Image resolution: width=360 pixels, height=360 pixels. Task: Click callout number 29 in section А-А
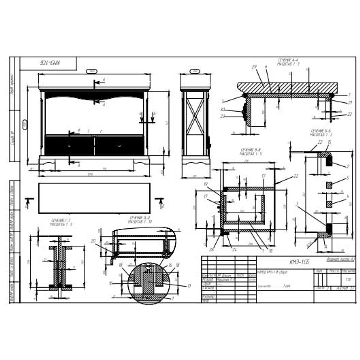(x=254, y=67)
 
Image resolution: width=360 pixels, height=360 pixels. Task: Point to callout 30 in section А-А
(x=222, y=109)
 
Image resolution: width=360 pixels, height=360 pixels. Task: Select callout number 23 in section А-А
(x=222, y=116)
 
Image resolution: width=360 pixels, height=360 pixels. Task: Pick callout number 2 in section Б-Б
(x=348, y=166)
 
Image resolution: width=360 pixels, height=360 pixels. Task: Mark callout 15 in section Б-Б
(x=329, y=142)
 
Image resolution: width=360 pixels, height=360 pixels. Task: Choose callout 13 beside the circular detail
(x=189, y=286)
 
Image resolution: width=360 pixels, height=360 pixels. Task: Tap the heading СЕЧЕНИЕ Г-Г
(x=61, y=222)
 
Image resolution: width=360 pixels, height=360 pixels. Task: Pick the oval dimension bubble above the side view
(x=195, y=71)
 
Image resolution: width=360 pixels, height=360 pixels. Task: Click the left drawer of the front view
(x=69, y=146)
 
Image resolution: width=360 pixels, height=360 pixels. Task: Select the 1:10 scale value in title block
(x=348, y=279)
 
